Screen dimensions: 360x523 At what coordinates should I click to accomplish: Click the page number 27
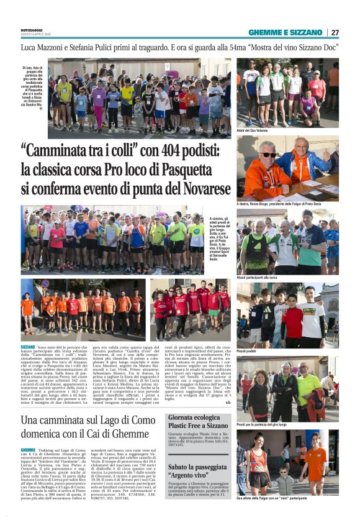(x=335, y=32)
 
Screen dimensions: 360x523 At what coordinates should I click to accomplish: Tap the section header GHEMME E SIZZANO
(x=286, y=32)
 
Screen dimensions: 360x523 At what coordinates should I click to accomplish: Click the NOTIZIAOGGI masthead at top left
(x=31, y=30)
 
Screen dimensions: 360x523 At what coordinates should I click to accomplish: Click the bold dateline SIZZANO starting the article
(x=28, y=347)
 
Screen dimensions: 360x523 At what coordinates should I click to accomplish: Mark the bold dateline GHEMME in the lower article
(x=28, y=450)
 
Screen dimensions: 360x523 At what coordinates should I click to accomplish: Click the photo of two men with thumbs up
(x=287, y=168)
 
